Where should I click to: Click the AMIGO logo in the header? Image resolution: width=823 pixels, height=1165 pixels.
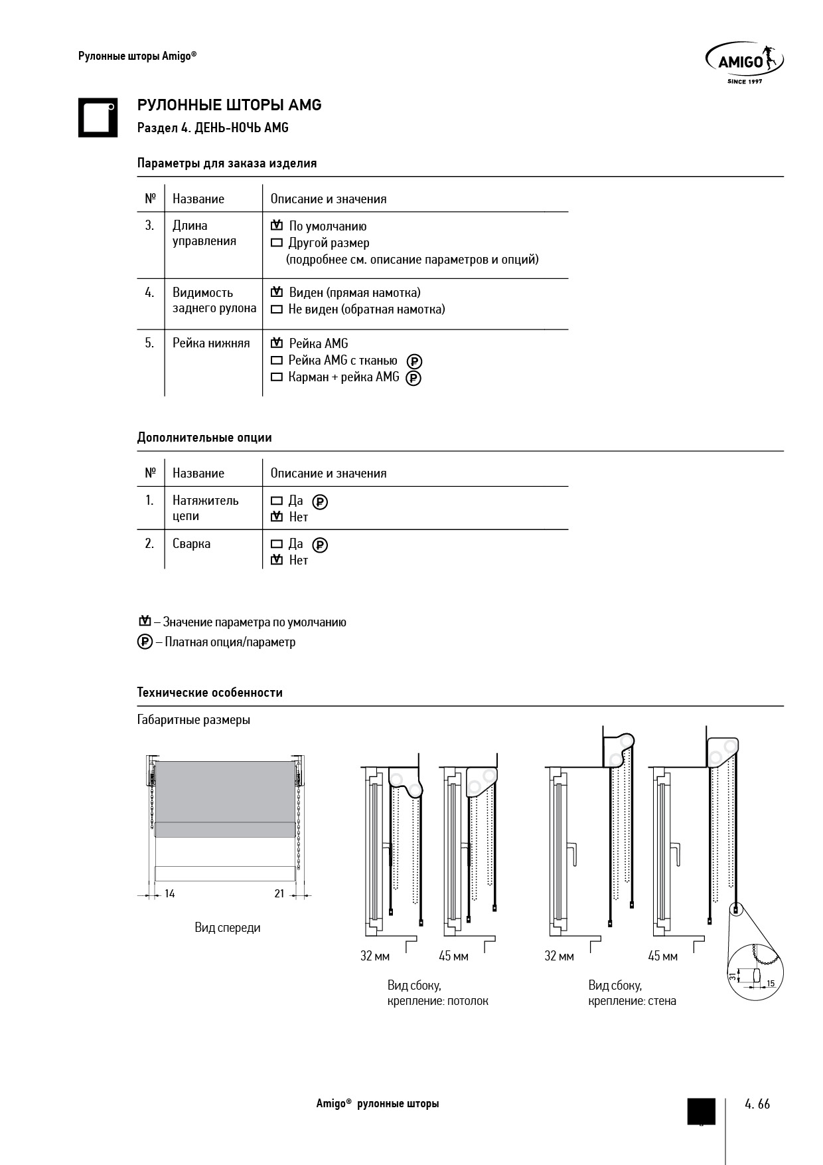coord(743,62)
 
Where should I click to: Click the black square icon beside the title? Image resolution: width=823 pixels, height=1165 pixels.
coord(98,118)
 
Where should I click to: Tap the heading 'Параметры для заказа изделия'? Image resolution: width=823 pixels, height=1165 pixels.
coord(226,163)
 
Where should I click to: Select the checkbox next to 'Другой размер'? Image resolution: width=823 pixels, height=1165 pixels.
coord(277,243)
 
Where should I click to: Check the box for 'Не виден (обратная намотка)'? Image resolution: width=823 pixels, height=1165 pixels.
coord(277,310)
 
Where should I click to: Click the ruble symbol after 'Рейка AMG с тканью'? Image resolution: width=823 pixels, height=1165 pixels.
coord(414,361)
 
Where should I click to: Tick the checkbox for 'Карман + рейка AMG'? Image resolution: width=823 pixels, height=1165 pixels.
coord(277,377)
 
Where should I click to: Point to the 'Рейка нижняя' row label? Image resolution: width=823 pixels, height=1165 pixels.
coord(211,343)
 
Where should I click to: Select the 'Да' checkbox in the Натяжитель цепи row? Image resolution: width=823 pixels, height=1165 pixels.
coord(277,501)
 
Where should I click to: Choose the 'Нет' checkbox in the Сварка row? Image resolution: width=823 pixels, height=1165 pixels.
coord(277,561)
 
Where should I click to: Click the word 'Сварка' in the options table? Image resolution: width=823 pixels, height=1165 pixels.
coord(191,544)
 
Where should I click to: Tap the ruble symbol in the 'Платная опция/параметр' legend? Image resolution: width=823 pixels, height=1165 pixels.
coord(145,642)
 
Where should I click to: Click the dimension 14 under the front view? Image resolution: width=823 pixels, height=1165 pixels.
coord(170,894)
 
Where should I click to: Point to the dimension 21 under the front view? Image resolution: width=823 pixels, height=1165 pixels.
coord(279,894)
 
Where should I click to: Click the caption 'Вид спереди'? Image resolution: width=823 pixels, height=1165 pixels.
coord(228,928)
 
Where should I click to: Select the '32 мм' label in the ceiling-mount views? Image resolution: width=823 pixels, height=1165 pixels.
coord(375,956)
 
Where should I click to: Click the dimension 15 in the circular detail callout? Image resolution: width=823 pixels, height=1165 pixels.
coord(771,983)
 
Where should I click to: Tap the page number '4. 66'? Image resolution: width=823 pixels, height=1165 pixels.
coord(757,1104)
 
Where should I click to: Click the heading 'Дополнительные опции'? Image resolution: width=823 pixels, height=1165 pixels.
coord(204,438)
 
